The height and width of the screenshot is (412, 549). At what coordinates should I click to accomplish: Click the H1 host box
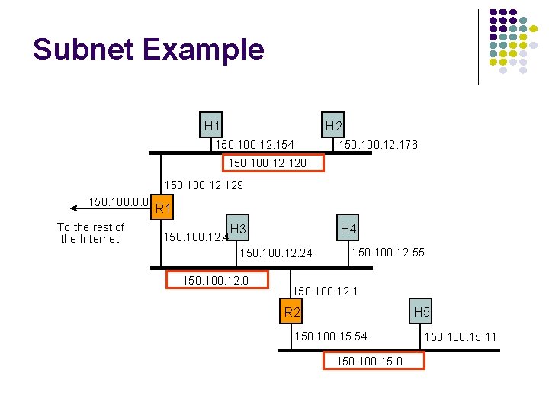pyautogui.click(x=212, y=125)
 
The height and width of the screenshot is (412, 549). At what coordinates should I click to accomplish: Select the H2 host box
pyautogui.click(x=333, y=125)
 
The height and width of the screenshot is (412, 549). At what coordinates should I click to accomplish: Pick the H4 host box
pyautogui.click(x=348, y=229)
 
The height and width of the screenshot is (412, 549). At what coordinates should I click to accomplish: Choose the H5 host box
pyautogui.click(x=422, y=311)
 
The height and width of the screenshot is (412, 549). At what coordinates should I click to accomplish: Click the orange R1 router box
pyautogui.click(x=162, y=208)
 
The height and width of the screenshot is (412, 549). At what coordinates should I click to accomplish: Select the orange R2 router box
pyautogui.click(x=292, y=311)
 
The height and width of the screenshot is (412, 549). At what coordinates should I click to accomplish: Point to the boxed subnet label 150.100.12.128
pyautogui.click(x=273, y=163)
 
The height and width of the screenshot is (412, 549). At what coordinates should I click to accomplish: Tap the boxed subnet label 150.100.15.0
pyautogui.click(x=374, y=360)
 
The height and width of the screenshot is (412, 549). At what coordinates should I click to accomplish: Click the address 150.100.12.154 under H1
pyautogui.click(x=255, y=145)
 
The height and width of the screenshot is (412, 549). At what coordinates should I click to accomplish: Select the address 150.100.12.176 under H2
pyautogui.click(x=378, y=145)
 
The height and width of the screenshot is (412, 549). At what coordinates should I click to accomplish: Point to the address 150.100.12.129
pyautogui.click(x=204, y=185)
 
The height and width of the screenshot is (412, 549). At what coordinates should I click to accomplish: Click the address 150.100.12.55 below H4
pyautogui.click(x=387, y=253)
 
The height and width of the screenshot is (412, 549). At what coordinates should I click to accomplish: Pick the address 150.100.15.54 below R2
pyautogui.click(x=330, y=336)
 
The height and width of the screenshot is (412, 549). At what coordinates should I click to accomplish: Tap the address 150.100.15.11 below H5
pyautogui.click(x=461, y=336)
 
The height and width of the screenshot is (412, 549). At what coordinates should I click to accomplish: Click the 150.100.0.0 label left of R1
pyautogui.click(x=117, y=202)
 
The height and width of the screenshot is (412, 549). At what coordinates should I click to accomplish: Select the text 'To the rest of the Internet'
pyautogui.click(x=90, y=233)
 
